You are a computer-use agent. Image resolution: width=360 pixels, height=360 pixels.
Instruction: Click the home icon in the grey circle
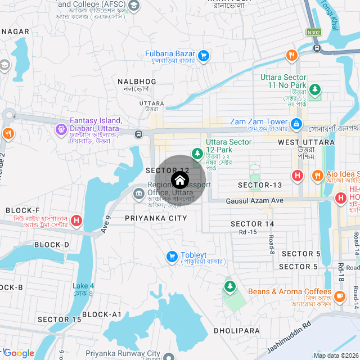(x=179, y=180)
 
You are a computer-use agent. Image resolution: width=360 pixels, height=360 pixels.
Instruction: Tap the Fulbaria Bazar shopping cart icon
(x=204, y=56)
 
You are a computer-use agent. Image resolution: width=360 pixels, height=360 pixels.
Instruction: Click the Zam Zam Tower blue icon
(x=296, y=123)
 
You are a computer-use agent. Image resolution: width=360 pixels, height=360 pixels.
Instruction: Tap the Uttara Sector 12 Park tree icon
(x=197, y=152)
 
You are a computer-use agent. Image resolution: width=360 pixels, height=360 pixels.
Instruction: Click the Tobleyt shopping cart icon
(x=172, y=257)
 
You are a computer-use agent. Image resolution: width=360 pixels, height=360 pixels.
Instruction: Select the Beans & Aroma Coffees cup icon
(x=339, y=295)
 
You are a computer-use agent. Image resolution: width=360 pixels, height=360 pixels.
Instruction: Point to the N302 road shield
(x=314, y=33)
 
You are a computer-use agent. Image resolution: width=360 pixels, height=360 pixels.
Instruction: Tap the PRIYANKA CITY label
(x=156, y=218)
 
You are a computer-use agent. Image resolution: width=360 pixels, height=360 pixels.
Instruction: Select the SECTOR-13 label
(x=260, y=185)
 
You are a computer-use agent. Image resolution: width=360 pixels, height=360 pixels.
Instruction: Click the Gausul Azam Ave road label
(x=254, y=200)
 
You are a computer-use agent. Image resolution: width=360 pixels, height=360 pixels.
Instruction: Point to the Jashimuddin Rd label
(x=289, y=338)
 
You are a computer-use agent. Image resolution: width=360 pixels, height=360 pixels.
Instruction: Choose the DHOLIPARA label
(x=237, y=331)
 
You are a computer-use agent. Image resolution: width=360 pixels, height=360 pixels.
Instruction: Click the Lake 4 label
(x=83, y=286)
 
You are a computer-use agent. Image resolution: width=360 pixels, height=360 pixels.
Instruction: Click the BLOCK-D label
(x=52, y=245)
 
